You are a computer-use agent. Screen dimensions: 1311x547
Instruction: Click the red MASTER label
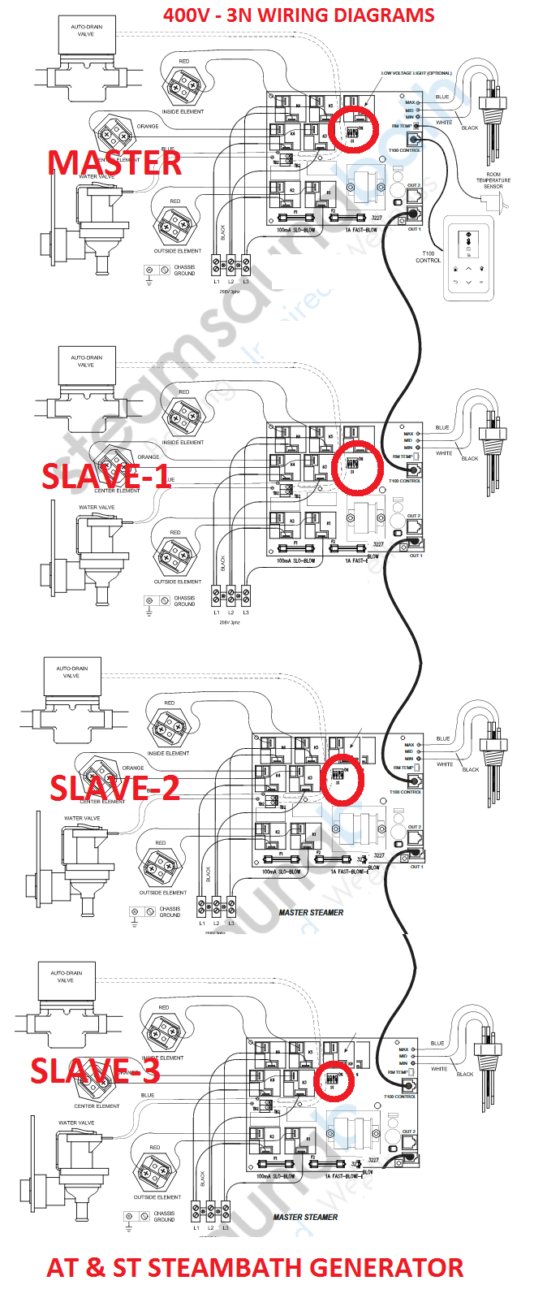pyautogui.click(x=114, y=163)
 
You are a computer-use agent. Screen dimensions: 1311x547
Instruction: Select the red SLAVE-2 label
pyautogui.click(x=114, y=788)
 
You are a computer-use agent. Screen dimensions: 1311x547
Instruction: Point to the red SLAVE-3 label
pyautogui.click(x=96, y=1071)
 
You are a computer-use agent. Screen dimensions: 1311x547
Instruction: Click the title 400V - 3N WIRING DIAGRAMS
pyautogui.click(x=299, y=15)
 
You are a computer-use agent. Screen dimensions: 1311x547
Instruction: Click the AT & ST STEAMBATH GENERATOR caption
pyautogui.click(x=255, y=1268)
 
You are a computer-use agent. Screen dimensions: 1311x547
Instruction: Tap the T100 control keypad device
pyautogui.click(x=468, y=257)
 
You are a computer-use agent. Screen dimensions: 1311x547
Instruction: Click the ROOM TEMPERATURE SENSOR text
pyautogui.click(x=493, y=180)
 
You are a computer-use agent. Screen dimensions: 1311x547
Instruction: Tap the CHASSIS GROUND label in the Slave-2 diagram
pyautogui.click(x=170, y=911)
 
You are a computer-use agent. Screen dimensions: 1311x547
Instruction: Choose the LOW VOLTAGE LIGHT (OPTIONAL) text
pyautogui.click(x=416, y=73)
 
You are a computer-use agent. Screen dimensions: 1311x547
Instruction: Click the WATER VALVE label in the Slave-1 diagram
pyautogui.click(x=97, y=507)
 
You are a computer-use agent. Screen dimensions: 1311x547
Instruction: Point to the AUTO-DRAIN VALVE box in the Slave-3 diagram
pyautogui.click(x=66, y=976)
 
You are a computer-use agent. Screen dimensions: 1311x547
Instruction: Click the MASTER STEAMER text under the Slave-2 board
pyautogui.click(x=311, y=912)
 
